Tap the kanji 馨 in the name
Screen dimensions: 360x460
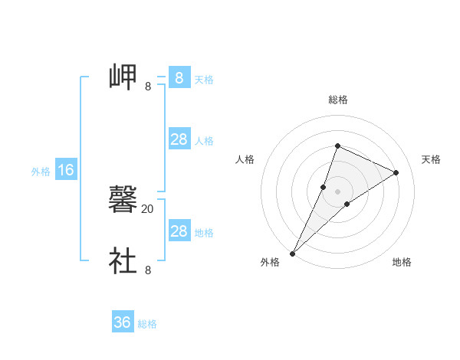coord(123,200)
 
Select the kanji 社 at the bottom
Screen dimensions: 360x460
coord(123,260)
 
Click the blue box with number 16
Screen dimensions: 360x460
coord(65,170)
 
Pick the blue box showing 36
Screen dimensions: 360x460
coord(123,322)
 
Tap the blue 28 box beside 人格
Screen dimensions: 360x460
coord(179,139)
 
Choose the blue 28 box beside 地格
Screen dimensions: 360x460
coord(179,231)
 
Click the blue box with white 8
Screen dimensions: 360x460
coord(179,77)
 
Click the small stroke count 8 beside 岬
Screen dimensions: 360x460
coord(147,87)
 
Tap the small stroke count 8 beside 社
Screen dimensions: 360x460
coord(147,270)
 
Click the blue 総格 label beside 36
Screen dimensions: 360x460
coord(147,324)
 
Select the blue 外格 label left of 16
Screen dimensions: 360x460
coord(41,172)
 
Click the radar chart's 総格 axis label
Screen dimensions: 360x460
coord(337,100)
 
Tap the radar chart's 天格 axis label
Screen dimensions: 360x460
coord(432,159)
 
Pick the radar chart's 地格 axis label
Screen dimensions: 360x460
coord(402,263)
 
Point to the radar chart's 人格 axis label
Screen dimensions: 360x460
coord(245,159)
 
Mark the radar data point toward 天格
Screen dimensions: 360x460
coord(396,172)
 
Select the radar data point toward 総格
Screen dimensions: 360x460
coord(337,146)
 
